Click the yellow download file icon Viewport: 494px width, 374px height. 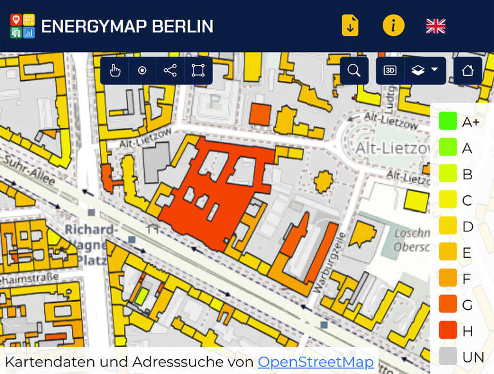point(350,26)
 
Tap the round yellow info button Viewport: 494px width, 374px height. point(394,26)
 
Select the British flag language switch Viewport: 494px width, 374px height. point(435,26)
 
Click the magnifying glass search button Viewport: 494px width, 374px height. point(354,71)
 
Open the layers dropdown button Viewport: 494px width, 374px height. point(425,71)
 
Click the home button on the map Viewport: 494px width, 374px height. point(468,71)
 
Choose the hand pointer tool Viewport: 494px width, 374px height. point(114,71)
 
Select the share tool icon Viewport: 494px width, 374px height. point(170,71)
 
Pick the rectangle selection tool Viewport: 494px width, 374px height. point(198,71)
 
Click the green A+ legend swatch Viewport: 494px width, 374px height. point(448,121)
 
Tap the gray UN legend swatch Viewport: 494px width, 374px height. point(448,357)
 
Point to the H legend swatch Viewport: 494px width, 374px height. point(448,330)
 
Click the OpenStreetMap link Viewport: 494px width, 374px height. point(315,362)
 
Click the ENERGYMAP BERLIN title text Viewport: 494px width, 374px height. point(127,26)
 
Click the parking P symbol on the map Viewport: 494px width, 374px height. point(215,101)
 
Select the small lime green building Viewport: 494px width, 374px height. point(142,297)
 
